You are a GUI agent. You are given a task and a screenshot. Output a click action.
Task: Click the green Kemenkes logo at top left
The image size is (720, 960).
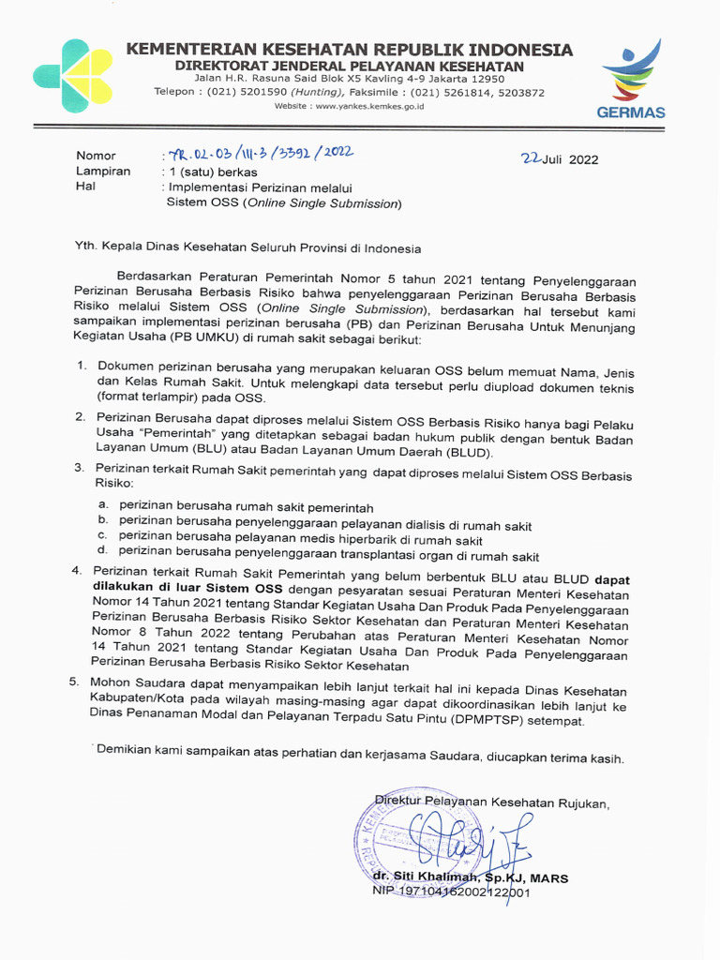(72, 76)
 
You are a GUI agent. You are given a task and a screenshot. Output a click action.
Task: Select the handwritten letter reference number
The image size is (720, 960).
(260, 154)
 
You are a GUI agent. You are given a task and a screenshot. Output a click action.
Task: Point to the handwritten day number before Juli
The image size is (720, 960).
(532, 157)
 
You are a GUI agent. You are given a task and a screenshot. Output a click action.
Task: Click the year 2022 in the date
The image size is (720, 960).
(581, 159)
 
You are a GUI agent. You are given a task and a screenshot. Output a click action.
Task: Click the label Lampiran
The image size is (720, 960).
(103, 172)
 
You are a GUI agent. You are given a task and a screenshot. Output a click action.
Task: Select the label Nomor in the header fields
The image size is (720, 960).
(96, 156)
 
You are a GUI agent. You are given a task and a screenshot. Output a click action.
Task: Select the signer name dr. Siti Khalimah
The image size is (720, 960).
(427, 877)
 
